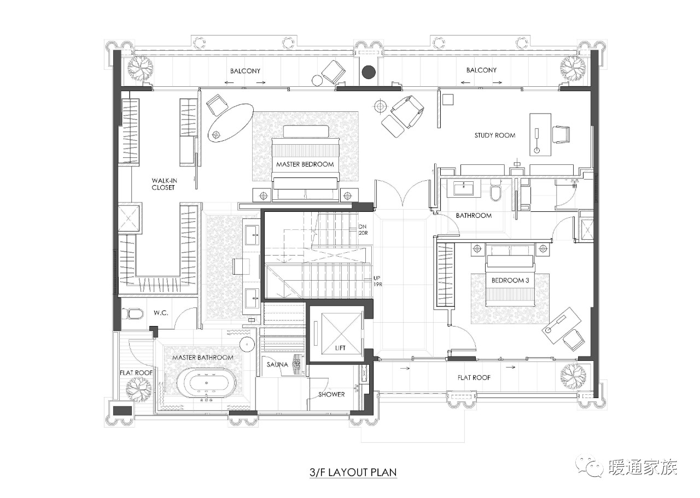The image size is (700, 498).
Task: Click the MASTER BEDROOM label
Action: coord(305,164)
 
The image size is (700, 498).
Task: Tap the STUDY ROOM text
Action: coord(495,135)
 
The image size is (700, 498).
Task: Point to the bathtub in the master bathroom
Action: coord(207,383)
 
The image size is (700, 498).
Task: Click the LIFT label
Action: coord(340,348)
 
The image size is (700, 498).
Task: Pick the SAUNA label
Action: coord(277,364)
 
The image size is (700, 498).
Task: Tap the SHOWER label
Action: coord(331,394)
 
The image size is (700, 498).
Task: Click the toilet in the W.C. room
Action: coord(134,313)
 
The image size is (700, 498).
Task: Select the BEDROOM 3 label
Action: coord(510,280)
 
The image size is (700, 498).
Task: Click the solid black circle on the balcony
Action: coord(369,72)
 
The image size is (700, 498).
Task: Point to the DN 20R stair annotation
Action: coord(363,230)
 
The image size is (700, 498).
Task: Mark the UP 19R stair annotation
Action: coord(377,281)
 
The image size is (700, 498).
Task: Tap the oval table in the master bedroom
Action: coord(231,123)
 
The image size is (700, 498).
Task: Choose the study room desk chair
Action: coord(561,134)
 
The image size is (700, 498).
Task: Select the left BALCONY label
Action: coord(246,71)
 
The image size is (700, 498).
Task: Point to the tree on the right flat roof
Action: coord(573,377)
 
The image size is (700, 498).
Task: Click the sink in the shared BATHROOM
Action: coord(464,189)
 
